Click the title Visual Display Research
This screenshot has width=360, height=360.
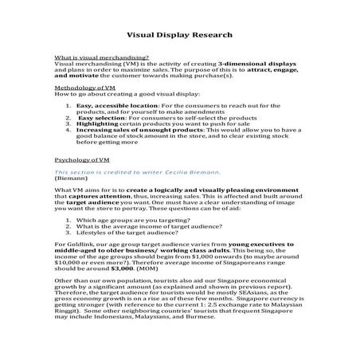(179, 35)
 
